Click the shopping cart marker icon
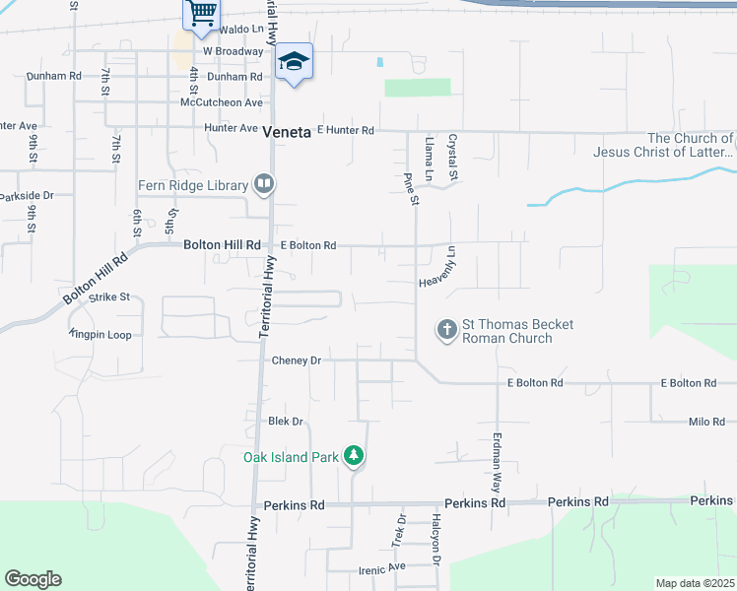point(201,14)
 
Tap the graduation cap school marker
point(294,62)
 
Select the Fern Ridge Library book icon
point(263,184)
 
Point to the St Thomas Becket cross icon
point(446,330)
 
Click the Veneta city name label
point(288,131)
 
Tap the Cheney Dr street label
point(297,361)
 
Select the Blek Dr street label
point(286,422)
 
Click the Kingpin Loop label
point(100,335)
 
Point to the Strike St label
point(109,296)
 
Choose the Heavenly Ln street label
point(439,267)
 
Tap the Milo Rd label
point(706,422)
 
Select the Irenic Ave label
point(382,566)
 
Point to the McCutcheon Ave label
point(223,102)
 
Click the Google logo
point(33,579)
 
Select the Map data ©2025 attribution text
point(695,583)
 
